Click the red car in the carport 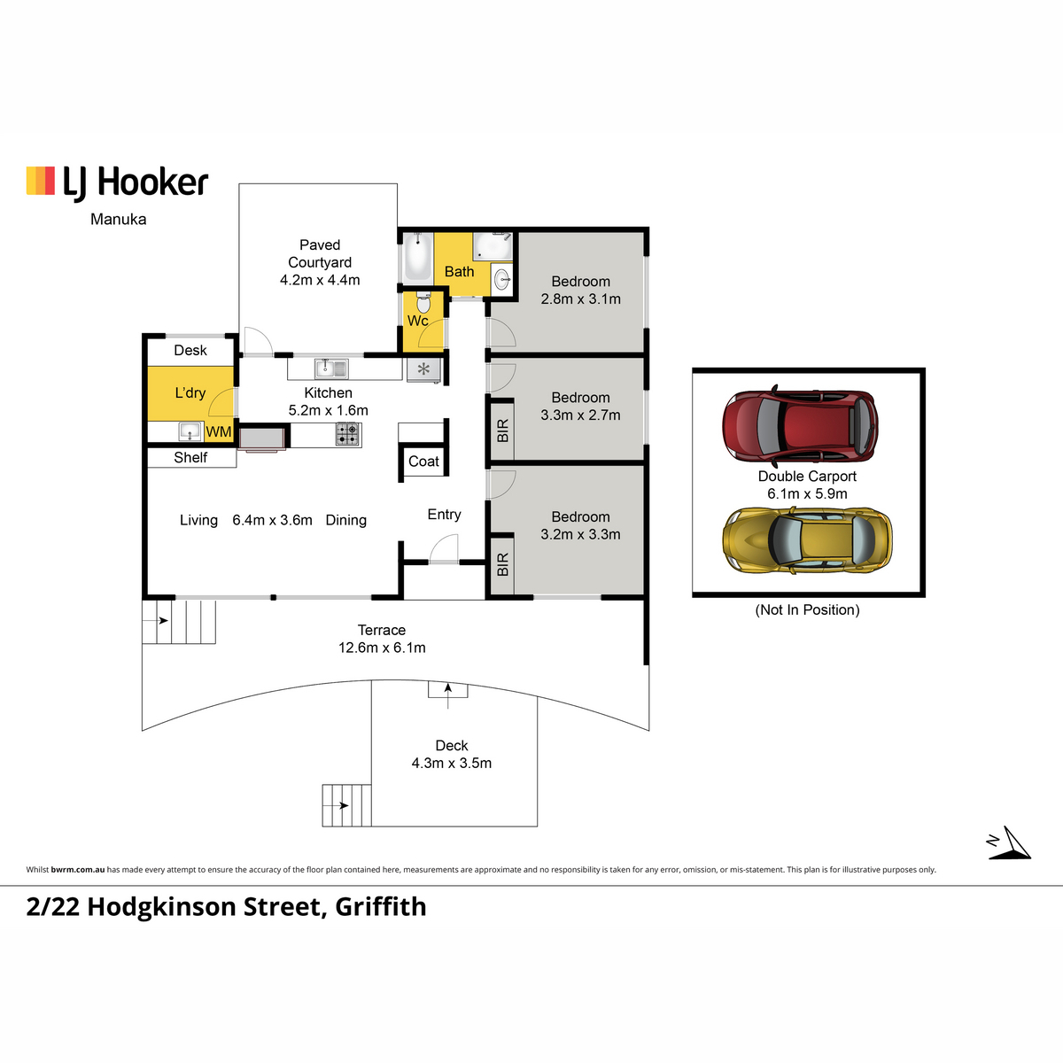point(800,425)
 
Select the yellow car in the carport point(807,539)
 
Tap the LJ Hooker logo point(117,182)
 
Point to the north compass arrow point(1009,843)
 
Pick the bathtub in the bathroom point(417,257)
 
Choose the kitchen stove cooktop point(348,434)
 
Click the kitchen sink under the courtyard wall point(331,368)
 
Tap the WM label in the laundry point(219,432)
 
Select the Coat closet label point(423,462)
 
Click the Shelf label point(190,457)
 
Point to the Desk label point(190,350)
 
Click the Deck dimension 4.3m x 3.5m point(451,763)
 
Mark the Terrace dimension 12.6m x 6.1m point(382,648)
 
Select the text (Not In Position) point(807,609)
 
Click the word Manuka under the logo point(118,219)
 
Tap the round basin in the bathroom point(502,279)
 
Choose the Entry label point(444,515)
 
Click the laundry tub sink point(190,431)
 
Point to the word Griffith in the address point(381,907)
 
